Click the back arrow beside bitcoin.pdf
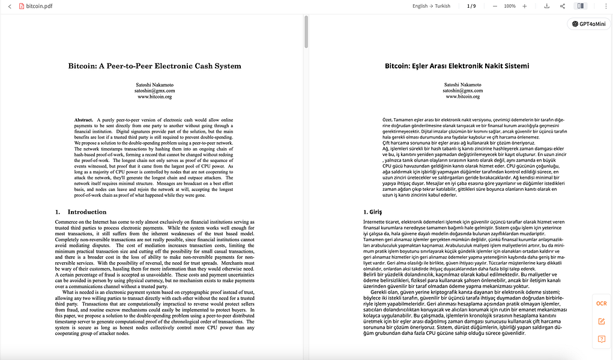(10, 6)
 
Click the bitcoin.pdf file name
(38, 6)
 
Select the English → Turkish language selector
(431, 6)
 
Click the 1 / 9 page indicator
(471, 6)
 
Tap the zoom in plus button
(525, 6)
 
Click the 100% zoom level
(510, 6)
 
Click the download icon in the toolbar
(547, 6)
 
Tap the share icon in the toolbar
(563, 6)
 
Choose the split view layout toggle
(580, 6)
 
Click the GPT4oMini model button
(588, 24)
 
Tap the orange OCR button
(601, 304)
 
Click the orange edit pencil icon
(601, 322)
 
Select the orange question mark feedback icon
(601, 339)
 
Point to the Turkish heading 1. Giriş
(373, 212)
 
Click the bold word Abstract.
(83, 120)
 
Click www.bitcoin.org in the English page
(154, 97)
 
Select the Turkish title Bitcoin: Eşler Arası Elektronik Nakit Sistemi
(457, 66)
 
